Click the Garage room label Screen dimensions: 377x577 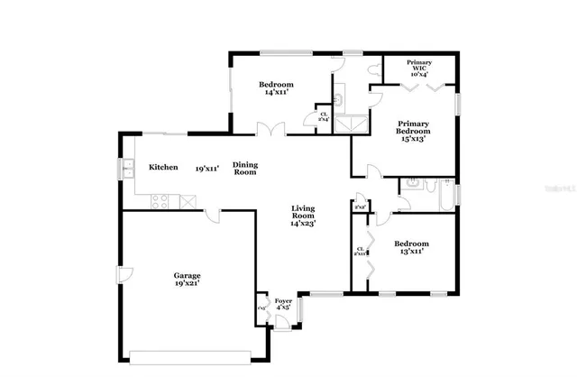pos(188,275)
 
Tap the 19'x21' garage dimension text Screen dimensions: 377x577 pos(188,283)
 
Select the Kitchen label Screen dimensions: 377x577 pos(163,168)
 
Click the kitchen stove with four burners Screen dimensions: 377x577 pos(161,202)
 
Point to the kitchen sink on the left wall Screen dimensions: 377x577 pos(127,168)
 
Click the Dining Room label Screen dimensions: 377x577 pos(245,168)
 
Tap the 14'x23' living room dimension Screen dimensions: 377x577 pos(303,224)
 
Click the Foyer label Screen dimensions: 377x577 pos(283,300)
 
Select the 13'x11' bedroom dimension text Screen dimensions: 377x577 pos(410,252)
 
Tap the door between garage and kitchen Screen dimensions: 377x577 pos(211,215)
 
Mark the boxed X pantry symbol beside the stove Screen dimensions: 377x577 pos(188,202)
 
